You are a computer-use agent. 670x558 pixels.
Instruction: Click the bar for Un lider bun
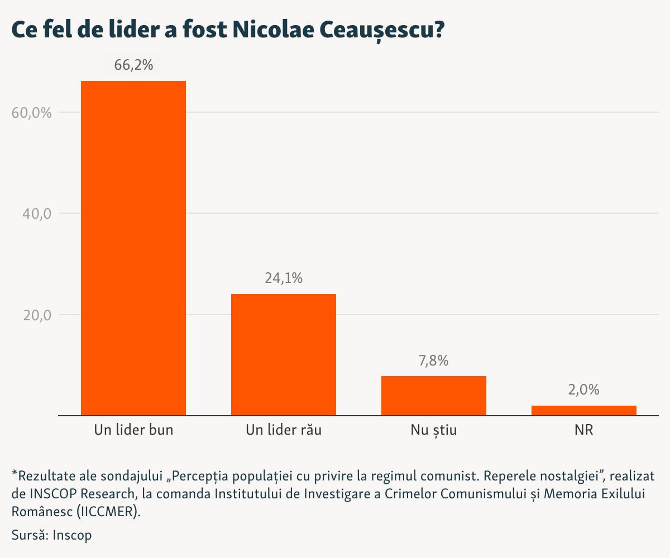point(133,248)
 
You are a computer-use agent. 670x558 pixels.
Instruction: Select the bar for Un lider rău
point(284,355)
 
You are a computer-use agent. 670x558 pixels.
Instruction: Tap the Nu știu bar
point(434,396)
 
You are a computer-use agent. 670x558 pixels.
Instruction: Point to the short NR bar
point(583,410)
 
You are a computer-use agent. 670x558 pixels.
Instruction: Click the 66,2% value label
point(133,65)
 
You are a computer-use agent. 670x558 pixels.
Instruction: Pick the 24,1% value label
point(284,278)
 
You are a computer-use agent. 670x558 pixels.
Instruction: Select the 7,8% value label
point(434,360)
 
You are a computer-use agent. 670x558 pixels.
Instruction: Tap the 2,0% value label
point(583,390)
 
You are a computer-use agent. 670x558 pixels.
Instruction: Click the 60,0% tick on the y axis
point(32,113)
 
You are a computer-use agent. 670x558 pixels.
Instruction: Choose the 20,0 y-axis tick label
point(36,315)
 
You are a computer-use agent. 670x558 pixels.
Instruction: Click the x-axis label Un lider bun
point(133,430)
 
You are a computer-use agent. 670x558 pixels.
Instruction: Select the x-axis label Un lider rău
point(284,430)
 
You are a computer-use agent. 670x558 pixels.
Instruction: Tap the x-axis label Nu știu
point(434,430)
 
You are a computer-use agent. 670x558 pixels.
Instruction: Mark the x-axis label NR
point(583,430)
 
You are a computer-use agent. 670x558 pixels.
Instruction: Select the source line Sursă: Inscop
point(51,535)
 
